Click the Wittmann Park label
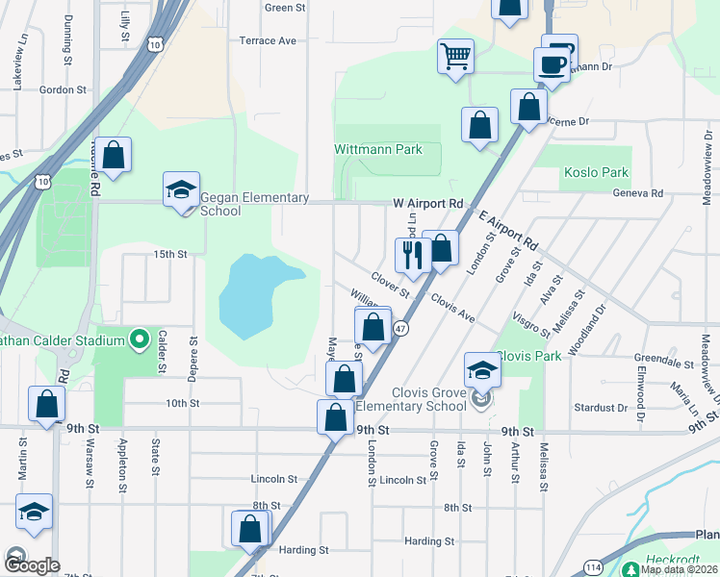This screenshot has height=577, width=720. (x=378, y=150)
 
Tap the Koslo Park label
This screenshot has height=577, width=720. (x=594, y=173)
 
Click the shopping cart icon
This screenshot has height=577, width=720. (x=455, y=55)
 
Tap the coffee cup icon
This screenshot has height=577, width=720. (x=552, y=65)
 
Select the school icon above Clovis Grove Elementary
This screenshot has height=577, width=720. (x=482, y=370)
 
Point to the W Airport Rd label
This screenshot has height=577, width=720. (x=428, y=204)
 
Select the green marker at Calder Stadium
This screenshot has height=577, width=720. (x=139, y=339)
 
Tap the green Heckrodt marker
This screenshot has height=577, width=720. (x=630, y=567)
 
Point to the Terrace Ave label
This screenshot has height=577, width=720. (x=268, y=40)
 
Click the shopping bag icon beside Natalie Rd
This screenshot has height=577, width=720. (x=113, y=156)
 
